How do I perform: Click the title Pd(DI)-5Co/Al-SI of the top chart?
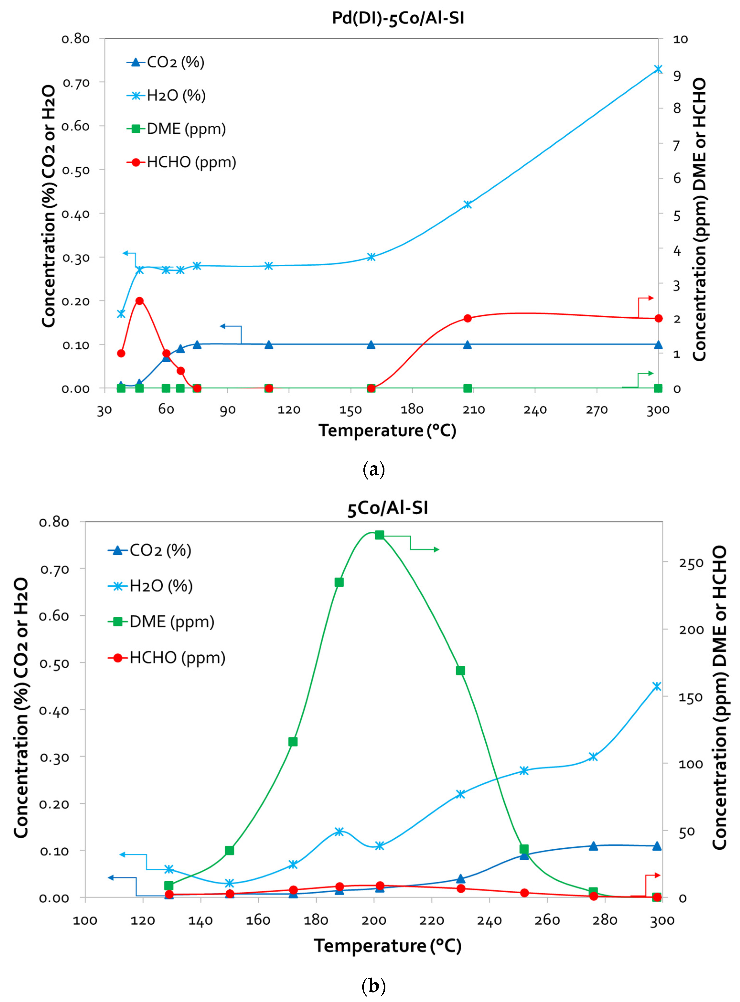click(398, 18)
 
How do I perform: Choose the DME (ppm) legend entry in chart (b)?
click(172, 622)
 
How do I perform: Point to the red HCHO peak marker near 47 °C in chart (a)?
click(139, 301)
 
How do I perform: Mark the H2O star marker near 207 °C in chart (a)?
click(468, 204)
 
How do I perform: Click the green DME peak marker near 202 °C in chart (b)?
click(379, 535)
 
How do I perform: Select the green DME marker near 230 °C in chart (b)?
click(460, 670)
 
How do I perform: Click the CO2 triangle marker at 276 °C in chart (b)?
click(594, 846)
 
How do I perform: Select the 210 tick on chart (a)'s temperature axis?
click(474, 410)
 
